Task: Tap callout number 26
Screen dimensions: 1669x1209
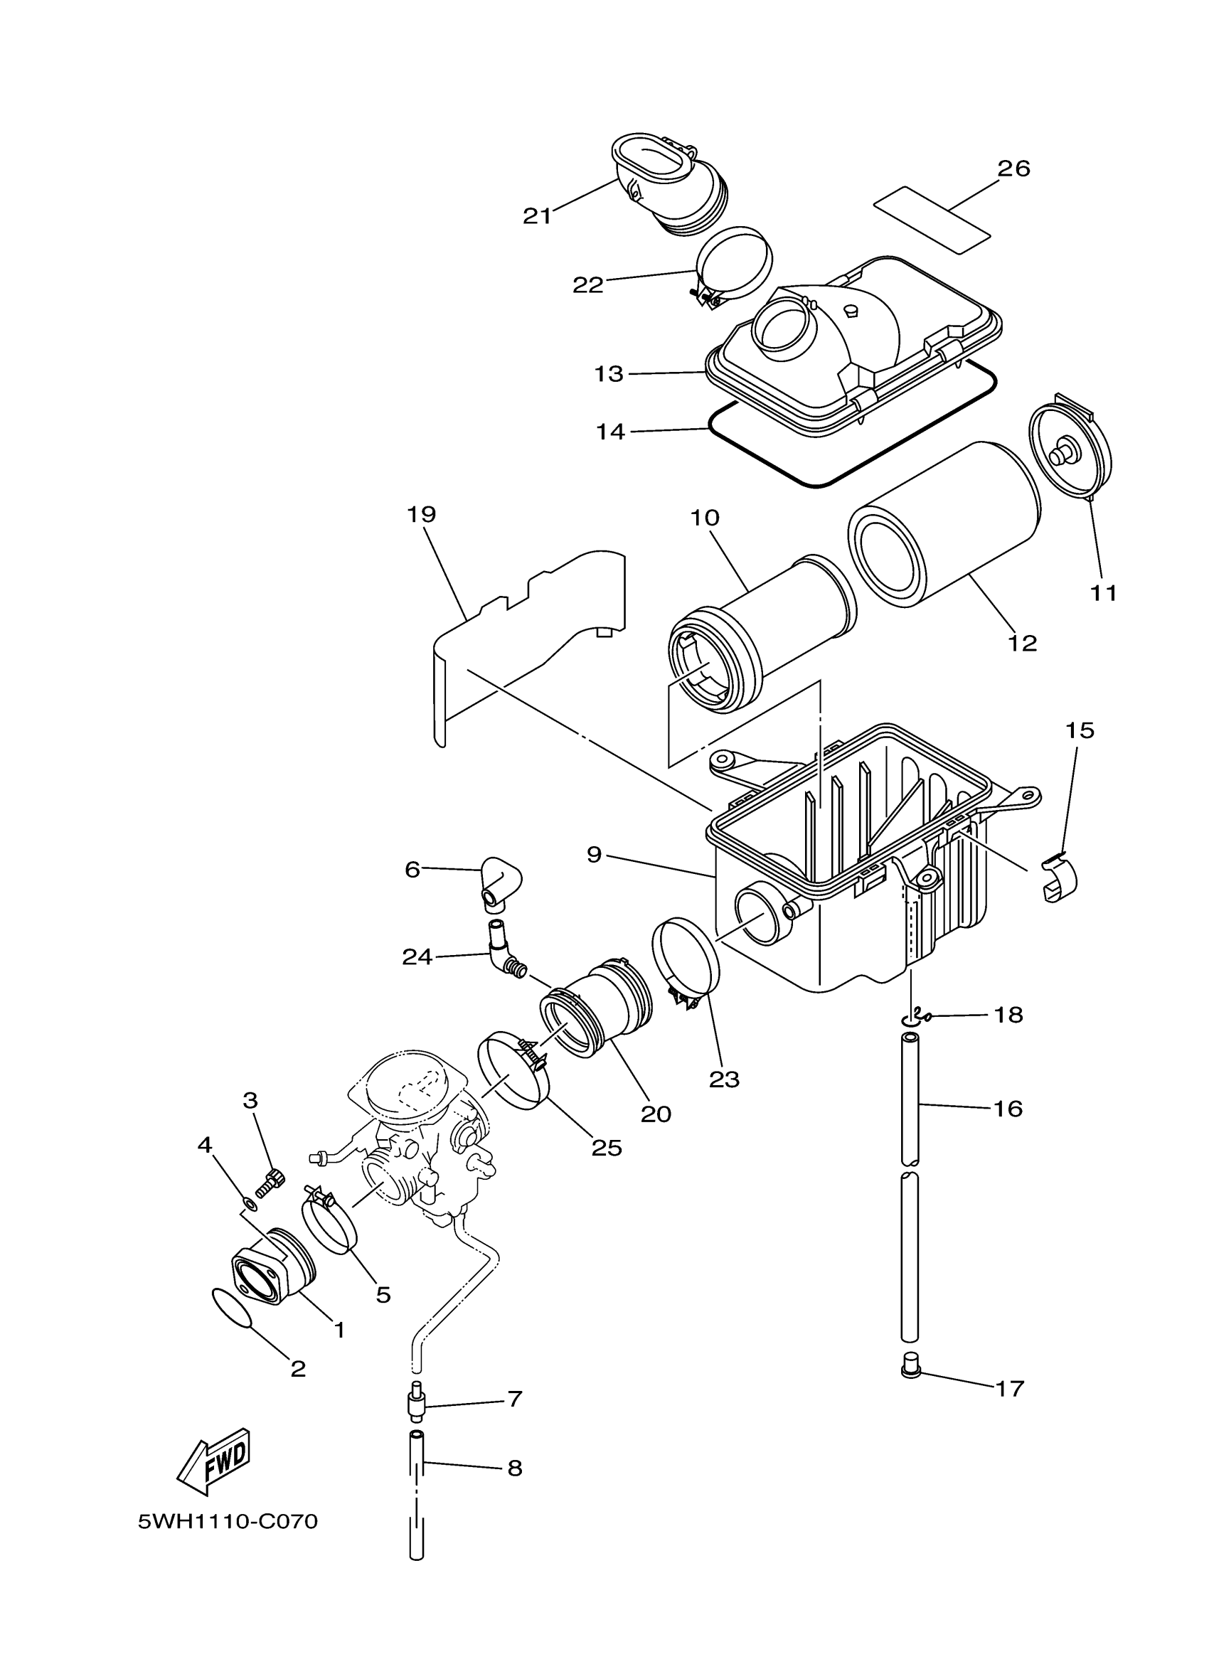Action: click(x=1013, y=169)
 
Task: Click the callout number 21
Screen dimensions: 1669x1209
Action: click(x=536, y=215)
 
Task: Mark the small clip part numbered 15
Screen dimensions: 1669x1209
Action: click(x=1058, y=879)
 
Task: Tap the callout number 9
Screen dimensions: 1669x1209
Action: click(x=594, y=854)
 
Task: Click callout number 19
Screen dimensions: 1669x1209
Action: click(x=421, y=514)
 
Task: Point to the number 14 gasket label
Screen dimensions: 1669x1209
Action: click(x=610, y=431)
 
